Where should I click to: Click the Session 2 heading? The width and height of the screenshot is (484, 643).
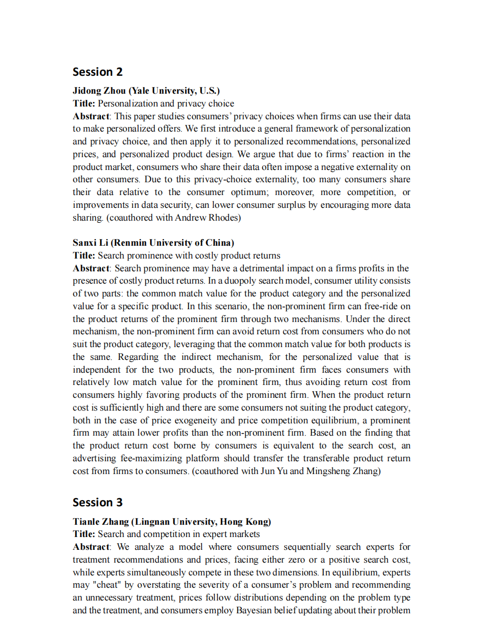[x=97, y=72]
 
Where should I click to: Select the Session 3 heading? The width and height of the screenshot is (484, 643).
[x=97, y=502]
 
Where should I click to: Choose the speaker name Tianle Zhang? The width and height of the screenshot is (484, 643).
[x=100, y=522]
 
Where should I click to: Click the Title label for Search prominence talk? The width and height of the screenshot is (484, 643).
[x=84, y=255]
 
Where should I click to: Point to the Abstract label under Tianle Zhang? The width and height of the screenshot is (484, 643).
[x=91, y=547]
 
